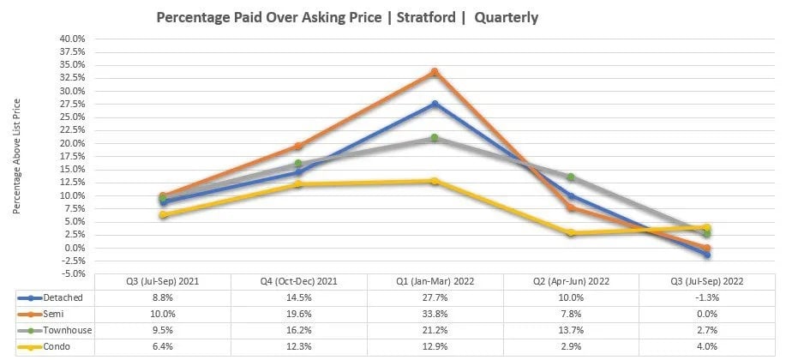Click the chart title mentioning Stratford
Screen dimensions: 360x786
point(347,17)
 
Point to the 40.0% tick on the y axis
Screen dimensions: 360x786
point(72,39)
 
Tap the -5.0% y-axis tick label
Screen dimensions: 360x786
point(72,273)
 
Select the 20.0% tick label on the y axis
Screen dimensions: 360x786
point(72,143)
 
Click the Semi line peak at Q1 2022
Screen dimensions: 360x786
point(435,72)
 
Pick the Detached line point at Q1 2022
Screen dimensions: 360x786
point(435,104)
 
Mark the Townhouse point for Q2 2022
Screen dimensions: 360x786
point(571,177)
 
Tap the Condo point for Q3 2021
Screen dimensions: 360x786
point(163,214)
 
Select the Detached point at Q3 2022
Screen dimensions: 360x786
point(706,255)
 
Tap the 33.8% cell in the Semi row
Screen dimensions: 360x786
point(435,314)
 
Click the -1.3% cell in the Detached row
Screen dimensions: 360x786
point(706,297)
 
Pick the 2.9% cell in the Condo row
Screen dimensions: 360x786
point(571,346)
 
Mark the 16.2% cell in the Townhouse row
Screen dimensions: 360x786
point(298,330)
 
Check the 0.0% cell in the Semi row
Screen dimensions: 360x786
point(706,314)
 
